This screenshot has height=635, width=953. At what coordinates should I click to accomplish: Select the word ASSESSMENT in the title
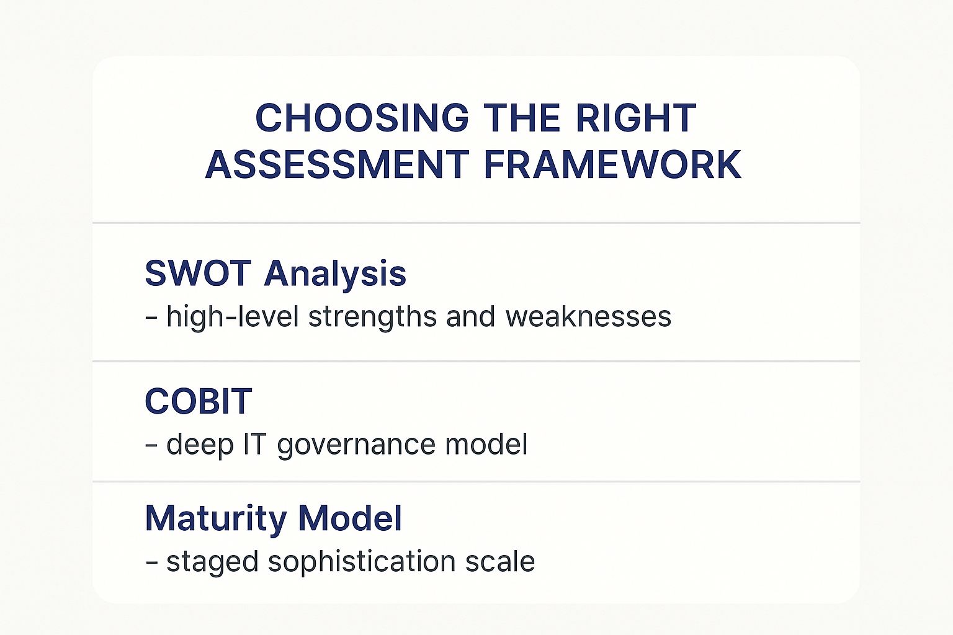[336, 165]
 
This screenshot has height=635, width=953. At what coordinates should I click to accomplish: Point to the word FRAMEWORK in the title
[612, 165]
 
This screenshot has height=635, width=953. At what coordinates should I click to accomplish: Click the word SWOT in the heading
[197, 273]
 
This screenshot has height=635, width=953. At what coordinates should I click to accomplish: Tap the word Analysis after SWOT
[335, 273]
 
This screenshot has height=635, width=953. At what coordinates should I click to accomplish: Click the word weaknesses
[588, 317]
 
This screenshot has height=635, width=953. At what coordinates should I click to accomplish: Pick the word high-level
[233, 317]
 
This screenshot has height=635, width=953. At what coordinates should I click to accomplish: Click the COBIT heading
[198, 401]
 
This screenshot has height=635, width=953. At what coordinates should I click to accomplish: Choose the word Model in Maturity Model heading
[350, 518]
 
